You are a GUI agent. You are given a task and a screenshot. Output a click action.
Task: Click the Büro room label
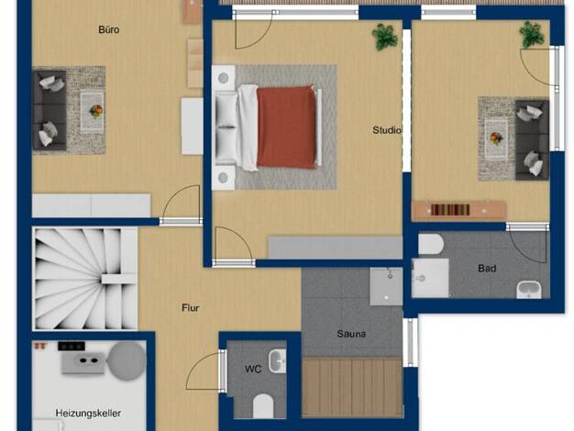(x=109, y=29)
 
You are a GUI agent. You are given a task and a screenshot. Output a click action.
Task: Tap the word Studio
(x=387, y=130)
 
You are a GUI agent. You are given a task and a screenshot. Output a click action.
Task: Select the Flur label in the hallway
(x=191, y=308)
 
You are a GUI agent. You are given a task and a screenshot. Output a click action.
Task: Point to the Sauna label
(x=351, y=334)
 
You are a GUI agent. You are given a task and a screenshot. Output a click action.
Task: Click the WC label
(x=253, y=369)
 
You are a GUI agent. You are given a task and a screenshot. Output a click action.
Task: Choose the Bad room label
(x=487, y=269)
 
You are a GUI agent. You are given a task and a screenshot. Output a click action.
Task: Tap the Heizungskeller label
(x=88, y=413)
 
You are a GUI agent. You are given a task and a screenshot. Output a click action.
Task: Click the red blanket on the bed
(x=286, y=127)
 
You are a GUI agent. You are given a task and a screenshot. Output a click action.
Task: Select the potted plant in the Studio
(x=385, y=37)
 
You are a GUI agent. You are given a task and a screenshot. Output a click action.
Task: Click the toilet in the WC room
(x=263, y=405)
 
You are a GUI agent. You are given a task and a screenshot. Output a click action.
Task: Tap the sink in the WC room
(x=277, y=361)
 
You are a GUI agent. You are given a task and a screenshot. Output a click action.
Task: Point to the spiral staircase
(x=85, y=279)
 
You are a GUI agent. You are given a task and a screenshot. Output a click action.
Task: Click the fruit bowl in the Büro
(x=96, y=111)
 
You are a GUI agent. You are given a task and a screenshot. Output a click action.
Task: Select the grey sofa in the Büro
(x=50, y=110)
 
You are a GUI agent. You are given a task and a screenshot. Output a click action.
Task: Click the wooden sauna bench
(x=352, y=387)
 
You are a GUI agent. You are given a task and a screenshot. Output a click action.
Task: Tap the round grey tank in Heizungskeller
(x=127, y=361)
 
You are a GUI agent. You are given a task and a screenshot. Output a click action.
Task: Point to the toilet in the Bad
(x=431, y=244)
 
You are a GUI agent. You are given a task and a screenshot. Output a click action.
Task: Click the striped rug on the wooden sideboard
(x=450, y=210)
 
